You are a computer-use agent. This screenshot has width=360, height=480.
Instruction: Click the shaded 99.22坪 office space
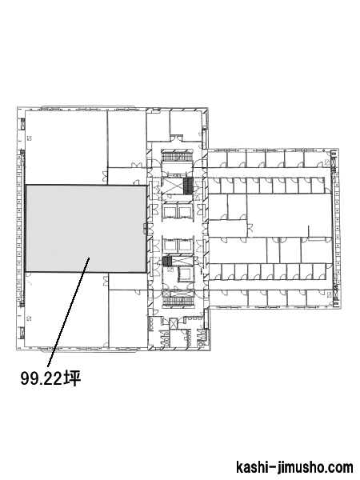[x=86, y=228]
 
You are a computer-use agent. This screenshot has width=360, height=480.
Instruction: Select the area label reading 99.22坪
[x=50, y=378]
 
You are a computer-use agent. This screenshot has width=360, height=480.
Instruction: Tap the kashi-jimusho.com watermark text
[x=294, y=467]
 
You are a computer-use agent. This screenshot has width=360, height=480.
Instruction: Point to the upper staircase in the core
[x=177, y=156]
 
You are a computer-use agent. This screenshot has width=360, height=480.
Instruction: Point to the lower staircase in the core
[x=178, y=301]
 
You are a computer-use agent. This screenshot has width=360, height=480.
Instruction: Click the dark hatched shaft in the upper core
[x=188, y=186]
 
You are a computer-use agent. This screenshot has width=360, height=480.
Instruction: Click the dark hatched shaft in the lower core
[x=167, y=262]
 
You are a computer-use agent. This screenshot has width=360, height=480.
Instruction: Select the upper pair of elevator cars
[x=177, y=211]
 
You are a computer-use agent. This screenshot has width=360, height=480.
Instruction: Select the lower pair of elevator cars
[x=177, y=246]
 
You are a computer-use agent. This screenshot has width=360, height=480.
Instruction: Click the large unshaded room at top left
[x=66, y=147]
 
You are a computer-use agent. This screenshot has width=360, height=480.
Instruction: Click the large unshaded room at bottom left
[x=66, y=309]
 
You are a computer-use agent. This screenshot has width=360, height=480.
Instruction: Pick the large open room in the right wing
[x=289, y=215]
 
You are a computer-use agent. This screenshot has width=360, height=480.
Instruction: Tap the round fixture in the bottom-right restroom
[x=201, y=344]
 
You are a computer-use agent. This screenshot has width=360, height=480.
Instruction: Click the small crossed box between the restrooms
[x=174, y=323]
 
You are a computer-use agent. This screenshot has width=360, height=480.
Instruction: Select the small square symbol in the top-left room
[x=30, y=138]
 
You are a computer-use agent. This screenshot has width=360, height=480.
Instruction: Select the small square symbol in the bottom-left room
[x=29, y=318]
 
